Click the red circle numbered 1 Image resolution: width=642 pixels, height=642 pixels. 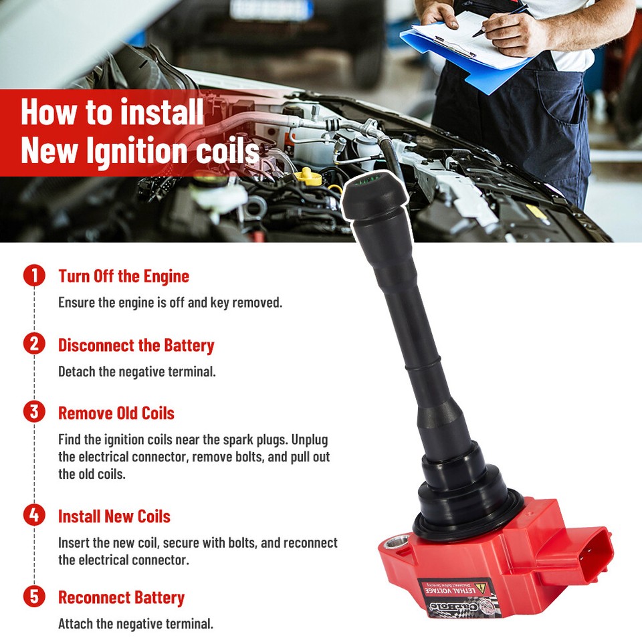tap(34, 276)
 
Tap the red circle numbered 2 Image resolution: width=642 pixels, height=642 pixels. tap(34, 344)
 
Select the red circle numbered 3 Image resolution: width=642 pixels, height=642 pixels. tap(34, 411)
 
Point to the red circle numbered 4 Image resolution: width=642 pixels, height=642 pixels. tap(34, 516)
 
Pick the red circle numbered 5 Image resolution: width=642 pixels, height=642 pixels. tap(34, 597)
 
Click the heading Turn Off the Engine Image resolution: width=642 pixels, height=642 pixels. tap(124, 276)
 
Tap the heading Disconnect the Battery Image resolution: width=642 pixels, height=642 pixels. tap(136, 346)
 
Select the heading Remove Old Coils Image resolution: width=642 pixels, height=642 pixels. tap(116, 413)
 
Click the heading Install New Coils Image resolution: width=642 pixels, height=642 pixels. tap(114, 516)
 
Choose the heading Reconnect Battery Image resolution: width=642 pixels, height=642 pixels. tap(122, 597)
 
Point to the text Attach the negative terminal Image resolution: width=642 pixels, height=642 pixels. tap(136, 624)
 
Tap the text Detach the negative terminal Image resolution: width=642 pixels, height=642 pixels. tap(137, 371)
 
